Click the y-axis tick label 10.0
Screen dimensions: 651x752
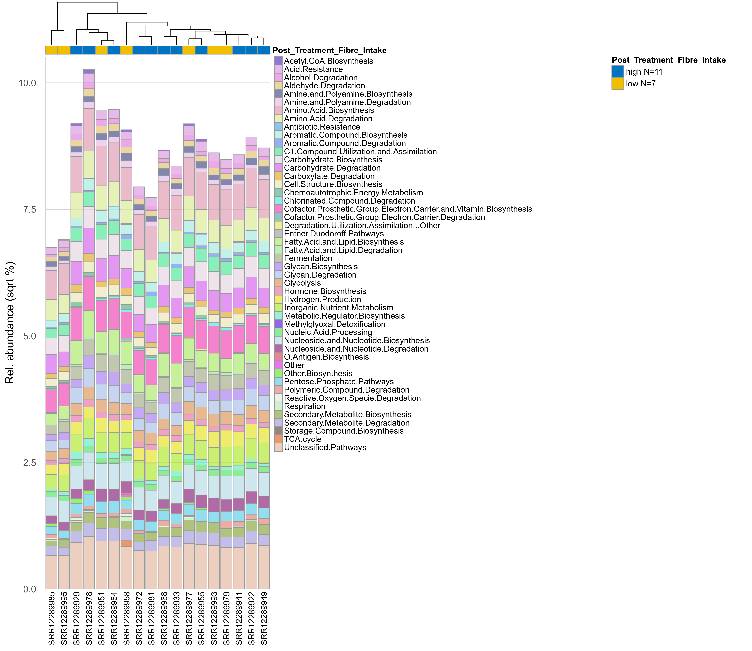(27, 83)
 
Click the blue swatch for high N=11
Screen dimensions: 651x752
(618, 72)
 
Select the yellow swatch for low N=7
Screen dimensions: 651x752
(618, 84)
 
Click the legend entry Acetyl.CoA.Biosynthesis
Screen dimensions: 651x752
(328, 61)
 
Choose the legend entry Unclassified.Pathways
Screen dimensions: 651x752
(324, 448)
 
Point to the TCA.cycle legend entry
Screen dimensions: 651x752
(302, 439)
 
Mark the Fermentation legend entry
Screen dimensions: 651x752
(308, 258)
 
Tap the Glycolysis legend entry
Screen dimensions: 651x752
(302, 283)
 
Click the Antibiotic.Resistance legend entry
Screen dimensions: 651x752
(322, 127)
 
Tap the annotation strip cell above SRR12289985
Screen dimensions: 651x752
(52, 50)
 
